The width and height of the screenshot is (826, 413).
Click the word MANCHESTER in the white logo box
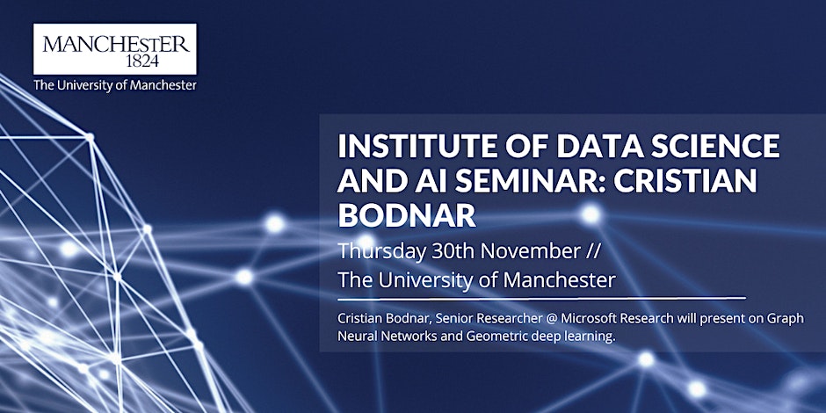click(115, 43)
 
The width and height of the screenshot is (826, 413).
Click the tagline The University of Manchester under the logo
click(115, 85)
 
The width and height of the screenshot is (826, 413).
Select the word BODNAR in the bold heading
click(407, 215)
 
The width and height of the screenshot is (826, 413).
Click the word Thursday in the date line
click(381, 252)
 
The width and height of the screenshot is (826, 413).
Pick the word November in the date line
click(530, 252)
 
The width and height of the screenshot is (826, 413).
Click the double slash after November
click(592, 252)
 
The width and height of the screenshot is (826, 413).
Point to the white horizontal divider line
click(541, 299)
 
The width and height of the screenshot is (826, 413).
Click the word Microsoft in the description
click(588, 319)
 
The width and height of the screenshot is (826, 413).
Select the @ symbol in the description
click(550, 319)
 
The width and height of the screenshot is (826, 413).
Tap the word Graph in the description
click(788, 320)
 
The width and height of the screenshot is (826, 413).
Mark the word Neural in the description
click(356, 336)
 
